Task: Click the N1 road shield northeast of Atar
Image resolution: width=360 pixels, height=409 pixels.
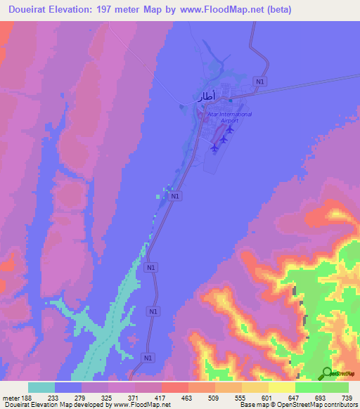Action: [x=261, y=82]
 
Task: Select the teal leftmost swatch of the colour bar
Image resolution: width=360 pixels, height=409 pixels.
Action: [x=41, y=387]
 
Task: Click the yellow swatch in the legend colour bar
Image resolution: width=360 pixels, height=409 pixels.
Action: [x=281, y=387]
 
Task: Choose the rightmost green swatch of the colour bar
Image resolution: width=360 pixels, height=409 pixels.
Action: [x=335, y=387]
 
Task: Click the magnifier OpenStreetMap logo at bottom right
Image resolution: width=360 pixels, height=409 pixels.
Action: [x=326, y=373]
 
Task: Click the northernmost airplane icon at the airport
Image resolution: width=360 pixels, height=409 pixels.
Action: [x=231, y=129]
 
